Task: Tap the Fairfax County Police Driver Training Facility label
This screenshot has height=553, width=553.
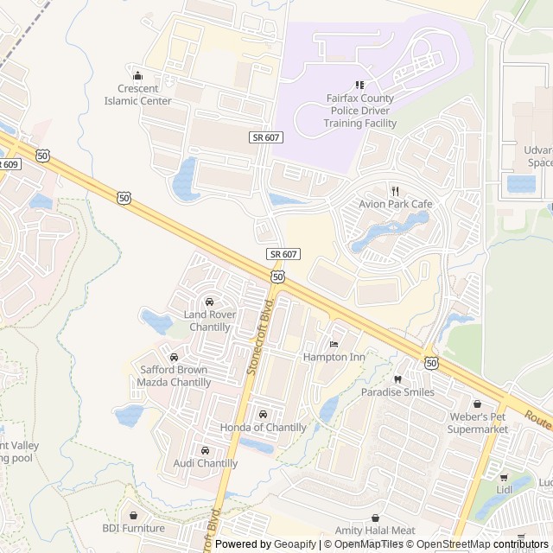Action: [360, 111]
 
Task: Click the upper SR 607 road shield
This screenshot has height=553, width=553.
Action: [267, 137]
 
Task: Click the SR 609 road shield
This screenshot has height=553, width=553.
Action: [8, 163]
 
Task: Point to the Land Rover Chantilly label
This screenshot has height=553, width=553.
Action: [207, 321]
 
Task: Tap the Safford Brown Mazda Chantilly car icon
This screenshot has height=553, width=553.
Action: [175, 357]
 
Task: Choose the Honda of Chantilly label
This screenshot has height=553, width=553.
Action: [263, 428]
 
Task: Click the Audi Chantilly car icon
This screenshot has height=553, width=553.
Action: [205, 450]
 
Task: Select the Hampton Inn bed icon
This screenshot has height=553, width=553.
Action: [334, 344]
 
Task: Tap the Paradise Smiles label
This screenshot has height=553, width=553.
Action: [397, 392]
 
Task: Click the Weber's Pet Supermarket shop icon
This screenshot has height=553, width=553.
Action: [477, 404]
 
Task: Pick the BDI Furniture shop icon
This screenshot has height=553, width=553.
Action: [133, 515]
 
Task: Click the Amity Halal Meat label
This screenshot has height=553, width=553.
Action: [375, 531]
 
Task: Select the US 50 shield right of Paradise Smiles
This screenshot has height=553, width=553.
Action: [431, 363]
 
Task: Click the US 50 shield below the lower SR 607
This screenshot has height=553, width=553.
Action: [276, 276]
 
